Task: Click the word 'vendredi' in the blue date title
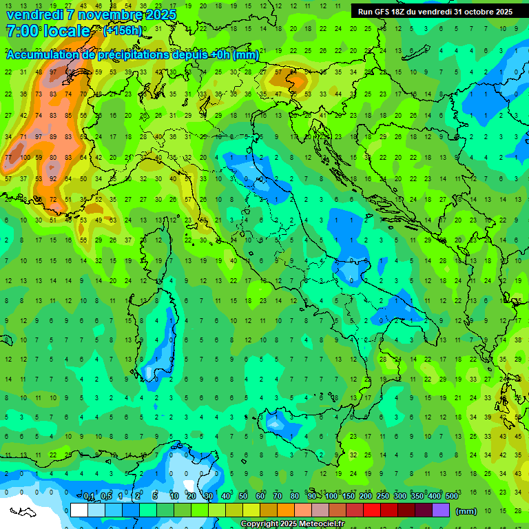click(x=34, y=14)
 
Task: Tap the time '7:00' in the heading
click(x=23, y=32)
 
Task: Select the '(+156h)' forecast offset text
click(x=123, y=31)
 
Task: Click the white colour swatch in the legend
click(x=79, y=510)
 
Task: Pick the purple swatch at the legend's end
click(x=441, y=510)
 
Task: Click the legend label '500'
click(x=452, y=497)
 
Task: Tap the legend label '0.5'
click(x=106, y=497)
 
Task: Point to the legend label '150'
click(x=349, y=497)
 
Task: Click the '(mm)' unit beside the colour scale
click(x=466, y=511)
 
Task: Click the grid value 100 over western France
click(x=25, y=158)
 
